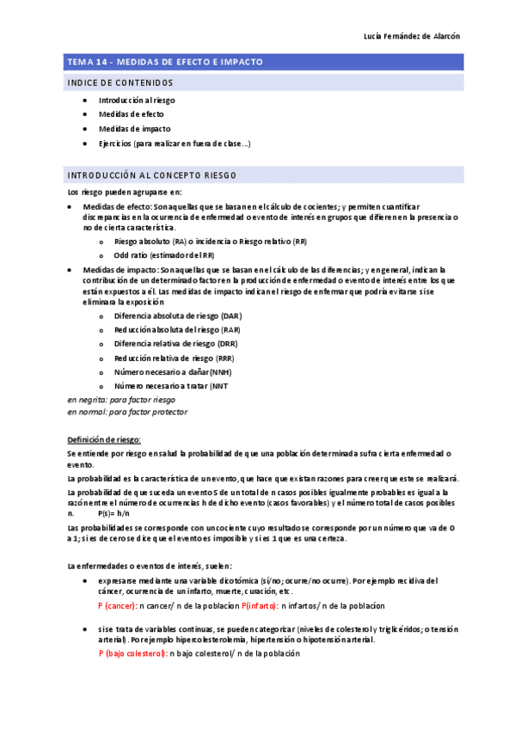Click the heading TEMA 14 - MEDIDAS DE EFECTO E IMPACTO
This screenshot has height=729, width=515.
click(165, 63)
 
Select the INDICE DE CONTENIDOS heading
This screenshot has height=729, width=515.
click(120, 83)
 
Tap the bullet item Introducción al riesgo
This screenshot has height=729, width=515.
click(137, 101)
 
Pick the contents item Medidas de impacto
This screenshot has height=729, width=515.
click(134, 129)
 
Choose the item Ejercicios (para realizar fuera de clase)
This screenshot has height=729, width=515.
click(175, 144)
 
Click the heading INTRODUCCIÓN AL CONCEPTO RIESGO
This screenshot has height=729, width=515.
click(152, 175)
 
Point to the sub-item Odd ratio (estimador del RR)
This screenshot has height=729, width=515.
click(164, 255)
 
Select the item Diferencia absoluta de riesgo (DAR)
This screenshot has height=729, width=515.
click(172, 315)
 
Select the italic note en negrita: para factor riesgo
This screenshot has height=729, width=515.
click(121, 400)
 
